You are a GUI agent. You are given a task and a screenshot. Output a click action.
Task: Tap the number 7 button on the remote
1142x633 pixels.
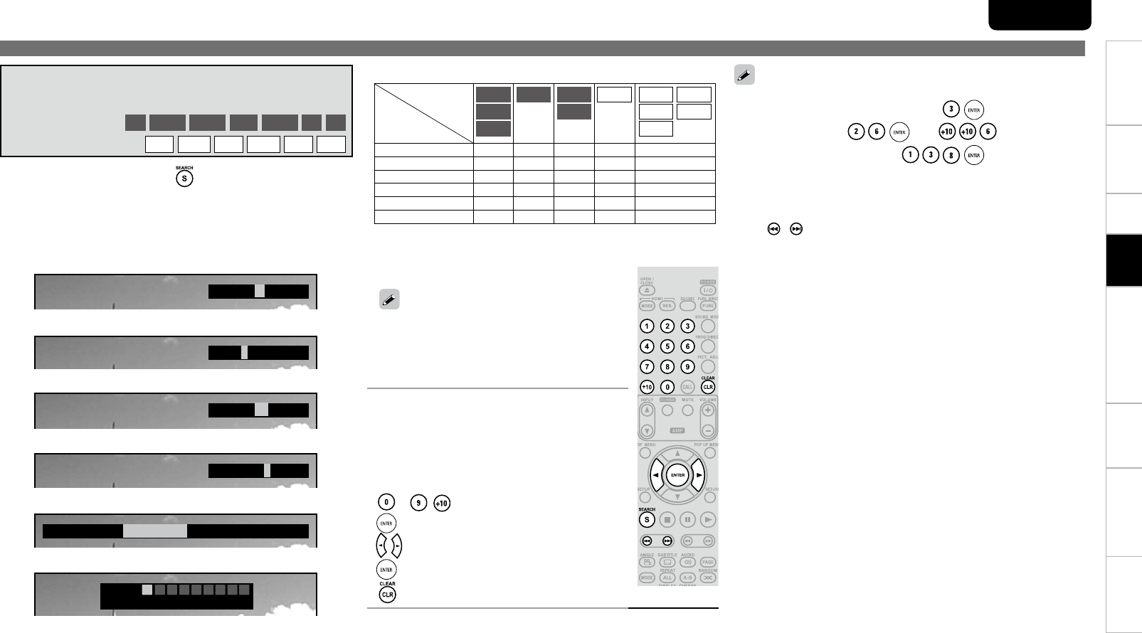[647, 367]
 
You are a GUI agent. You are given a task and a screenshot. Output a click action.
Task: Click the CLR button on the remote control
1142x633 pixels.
[708, 388]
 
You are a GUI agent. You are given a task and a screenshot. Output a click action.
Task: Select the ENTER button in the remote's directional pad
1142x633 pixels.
[677, 475]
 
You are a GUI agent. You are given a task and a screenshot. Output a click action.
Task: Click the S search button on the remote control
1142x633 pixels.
[647, 520]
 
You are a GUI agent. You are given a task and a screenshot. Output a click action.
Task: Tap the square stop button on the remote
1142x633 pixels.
[667, 520]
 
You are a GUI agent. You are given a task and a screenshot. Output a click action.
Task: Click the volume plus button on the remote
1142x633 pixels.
[708, 410]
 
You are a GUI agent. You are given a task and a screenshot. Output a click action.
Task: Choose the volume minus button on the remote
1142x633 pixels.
[708, 431]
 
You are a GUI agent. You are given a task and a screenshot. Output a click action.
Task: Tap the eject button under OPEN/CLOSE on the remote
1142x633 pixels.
[647, 290]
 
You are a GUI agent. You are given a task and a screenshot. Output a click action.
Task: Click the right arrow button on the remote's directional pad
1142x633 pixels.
[700, 475]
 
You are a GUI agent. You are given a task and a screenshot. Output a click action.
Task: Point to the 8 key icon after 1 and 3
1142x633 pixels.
[951, 156]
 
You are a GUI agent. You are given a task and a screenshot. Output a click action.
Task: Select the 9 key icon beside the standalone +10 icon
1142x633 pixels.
[420, 504]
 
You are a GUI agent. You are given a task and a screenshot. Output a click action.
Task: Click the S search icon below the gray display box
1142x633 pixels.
[184, 179]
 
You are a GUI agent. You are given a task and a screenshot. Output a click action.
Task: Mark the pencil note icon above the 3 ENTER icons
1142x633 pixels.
[745, 75]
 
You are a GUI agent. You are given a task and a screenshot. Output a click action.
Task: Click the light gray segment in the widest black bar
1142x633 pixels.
[155, 531]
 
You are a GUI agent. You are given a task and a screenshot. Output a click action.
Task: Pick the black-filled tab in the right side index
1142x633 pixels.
[1124, 260]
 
